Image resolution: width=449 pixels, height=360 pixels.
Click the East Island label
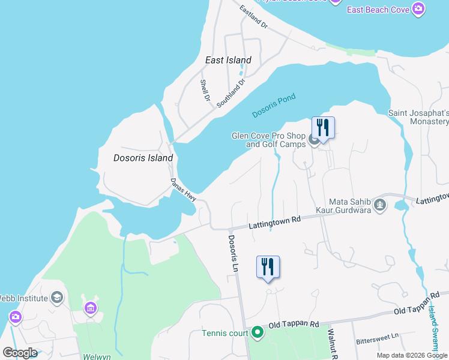(228, 60)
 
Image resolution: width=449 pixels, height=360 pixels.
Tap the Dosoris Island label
(143, 158)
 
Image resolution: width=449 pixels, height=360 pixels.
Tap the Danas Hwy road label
(183, 189)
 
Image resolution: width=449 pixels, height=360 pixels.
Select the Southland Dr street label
(231, 92)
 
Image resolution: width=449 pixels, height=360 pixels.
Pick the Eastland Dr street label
(253, 17)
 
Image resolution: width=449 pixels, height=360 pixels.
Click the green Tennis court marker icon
(258, 332)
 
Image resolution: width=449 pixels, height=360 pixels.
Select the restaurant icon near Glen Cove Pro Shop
(323, 128)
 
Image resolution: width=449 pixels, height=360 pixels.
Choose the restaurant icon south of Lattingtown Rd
(268, 266)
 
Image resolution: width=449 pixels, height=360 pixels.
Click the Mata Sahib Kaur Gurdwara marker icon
(379, 205)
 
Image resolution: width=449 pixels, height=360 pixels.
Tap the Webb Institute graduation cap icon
(57, 298)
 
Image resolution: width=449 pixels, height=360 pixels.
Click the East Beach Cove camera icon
(418, 9)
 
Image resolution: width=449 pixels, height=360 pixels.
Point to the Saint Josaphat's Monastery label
(418, 117)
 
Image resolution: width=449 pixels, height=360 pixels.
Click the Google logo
(20, 353)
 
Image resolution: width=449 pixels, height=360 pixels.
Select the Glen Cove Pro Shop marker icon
(314, 140)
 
